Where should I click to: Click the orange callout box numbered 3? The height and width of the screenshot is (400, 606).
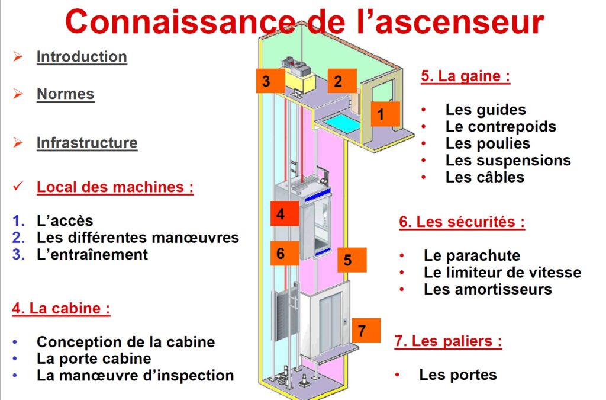pyautogui.click(x=266, y=81)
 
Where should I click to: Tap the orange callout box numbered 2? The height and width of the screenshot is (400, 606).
pyautogui.click(x=338, y=81)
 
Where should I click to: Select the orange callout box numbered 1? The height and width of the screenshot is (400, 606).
pyautogui.click(x=381, y=113)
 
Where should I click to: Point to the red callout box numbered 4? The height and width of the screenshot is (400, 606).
pyautogui.click(x=281, y=213)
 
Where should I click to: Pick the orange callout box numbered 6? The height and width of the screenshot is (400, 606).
pyautogui.click(x=281, y=254)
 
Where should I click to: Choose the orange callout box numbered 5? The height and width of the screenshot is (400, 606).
pyautogui.click(x=348, y=260)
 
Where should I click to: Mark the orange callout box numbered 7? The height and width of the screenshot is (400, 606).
pyautogui.click(x=362, y=330)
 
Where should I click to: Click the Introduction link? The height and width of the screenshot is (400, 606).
pyautogui.click(x=82, y=57)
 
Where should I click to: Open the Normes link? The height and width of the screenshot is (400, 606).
pyautogui.click(x=65, y=94)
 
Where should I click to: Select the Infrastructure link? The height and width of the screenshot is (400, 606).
pyautogui.click(x=87, y=143)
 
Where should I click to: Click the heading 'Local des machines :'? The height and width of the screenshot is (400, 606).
pyautogui.click(x=115, y=187)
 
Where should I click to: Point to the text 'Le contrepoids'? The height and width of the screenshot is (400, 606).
pyautogui.click(x=501, y=126)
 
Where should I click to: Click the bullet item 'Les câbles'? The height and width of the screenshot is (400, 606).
pyautogui.click(x=485, y=177)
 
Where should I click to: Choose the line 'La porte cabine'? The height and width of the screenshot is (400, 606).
pyautogui.click(x=94, y=359)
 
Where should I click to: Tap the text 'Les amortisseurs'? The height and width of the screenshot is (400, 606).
pyautogui.click(x=488, y=289)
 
